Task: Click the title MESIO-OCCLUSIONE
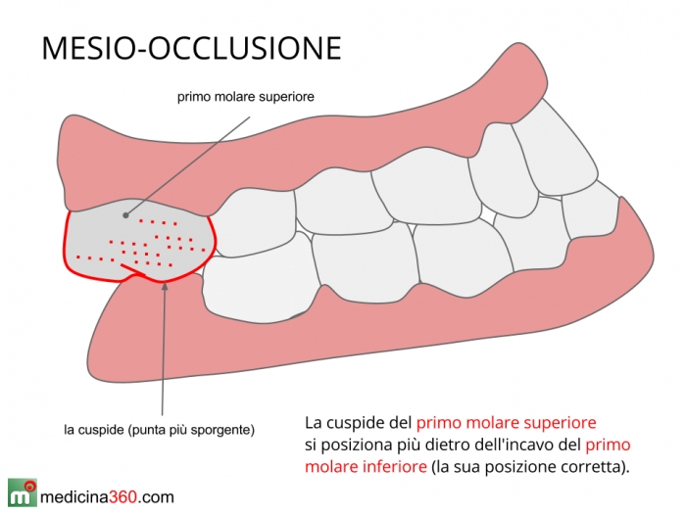coord(191,48)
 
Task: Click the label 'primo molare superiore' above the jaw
coord(245,97)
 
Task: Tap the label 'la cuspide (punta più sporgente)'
coord(159,430)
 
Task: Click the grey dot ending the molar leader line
coord(126,215)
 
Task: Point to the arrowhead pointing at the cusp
coord(165,286)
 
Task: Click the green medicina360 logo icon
coord(23,492)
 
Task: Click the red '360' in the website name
coord(122,497)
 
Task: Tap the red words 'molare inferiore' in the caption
coord(366,466)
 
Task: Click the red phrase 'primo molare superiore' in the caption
coord(507,423)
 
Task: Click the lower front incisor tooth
coord(591,214)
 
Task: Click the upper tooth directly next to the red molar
coord(254,223)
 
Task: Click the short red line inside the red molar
coord(133,270)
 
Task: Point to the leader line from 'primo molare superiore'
coord(188,165)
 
